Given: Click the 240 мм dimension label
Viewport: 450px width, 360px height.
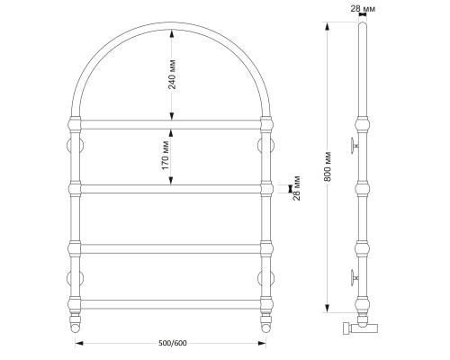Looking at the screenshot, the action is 172,75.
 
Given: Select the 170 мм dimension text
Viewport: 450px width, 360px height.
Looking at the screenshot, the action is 166,156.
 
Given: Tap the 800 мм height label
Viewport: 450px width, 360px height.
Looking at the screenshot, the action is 328,166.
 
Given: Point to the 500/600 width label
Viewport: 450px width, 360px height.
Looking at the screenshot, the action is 173,343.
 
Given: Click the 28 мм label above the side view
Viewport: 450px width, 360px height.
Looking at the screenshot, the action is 363,9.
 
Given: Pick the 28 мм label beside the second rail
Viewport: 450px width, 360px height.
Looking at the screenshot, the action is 296,188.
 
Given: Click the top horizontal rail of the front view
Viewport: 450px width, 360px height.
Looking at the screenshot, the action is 171,124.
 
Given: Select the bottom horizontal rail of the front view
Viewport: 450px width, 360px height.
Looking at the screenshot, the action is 171,304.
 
